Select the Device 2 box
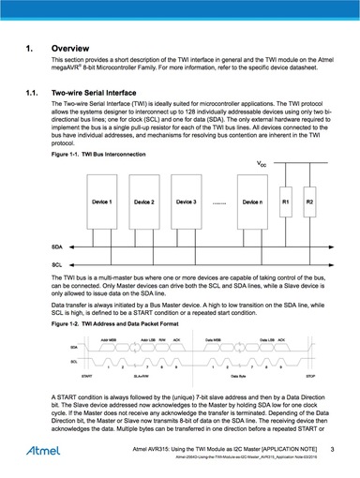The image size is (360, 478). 144,202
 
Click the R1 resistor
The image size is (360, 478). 286,202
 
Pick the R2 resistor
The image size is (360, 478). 310,202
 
